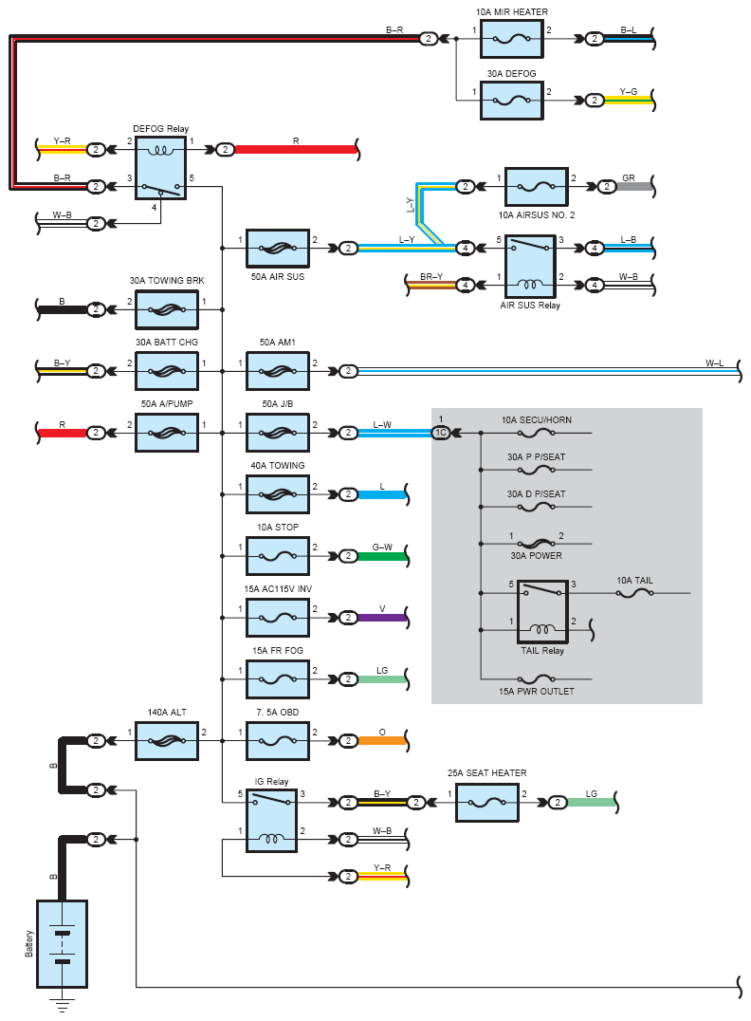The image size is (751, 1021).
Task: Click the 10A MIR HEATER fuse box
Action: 511,39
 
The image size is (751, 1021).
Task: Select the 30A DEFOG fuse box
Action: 511,101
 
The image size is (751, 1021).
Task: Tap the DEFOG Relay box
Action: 161,168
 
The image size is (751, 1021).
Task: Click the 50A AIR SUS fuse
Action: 277,248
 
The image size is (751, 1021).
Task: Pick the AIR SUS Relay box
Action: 530,267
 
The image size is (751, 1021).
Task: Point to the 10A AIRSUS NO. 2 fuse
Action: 537,187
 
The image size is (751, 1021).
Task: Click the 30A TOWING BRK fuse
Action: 167,310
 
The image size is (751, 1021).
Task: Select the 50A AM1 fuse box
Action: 277,371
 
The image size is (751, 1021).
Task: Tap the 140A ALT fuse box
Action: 167,741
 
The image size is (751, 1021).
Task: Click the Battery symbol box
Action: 62,943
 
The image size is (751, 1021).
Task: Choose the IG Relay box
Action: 271,821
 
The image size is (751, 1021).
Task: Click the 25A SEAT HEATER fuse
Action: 486,802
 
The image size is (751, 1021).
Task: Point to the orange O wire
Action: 382,741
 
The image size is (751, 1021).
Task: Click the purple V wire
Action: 382,618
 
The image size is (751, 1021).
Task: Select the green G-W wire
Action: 382,556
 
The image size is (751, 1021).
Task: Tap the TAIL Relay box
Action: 542,611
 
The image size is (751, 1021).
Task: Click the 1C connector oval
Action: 441,433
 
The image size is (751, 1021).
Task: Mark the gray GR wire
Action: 633,187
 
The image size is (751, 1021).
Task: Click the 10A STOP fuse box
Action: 277,556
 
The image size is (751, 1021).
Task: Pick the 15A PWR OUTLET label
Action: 537,692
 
